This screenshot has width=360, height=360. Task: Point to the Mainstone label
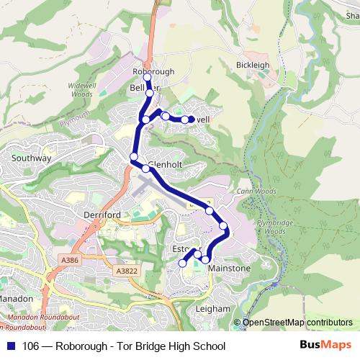tap(229, 269)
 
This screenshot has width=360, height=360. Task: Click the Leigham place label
tap(212, 309)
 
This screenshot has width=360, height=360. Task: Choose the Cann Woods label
tap(251, 192)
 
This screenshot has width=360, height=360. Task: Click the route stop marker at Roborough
tap(147, 77)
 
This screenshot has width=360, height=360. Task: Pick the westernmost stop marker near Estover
tap(182, 264)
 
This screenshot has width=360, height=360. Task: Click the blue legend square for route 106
tap(11, 346)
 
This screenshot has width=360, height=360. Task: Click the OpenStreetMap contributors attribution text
tap(297, 323)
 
